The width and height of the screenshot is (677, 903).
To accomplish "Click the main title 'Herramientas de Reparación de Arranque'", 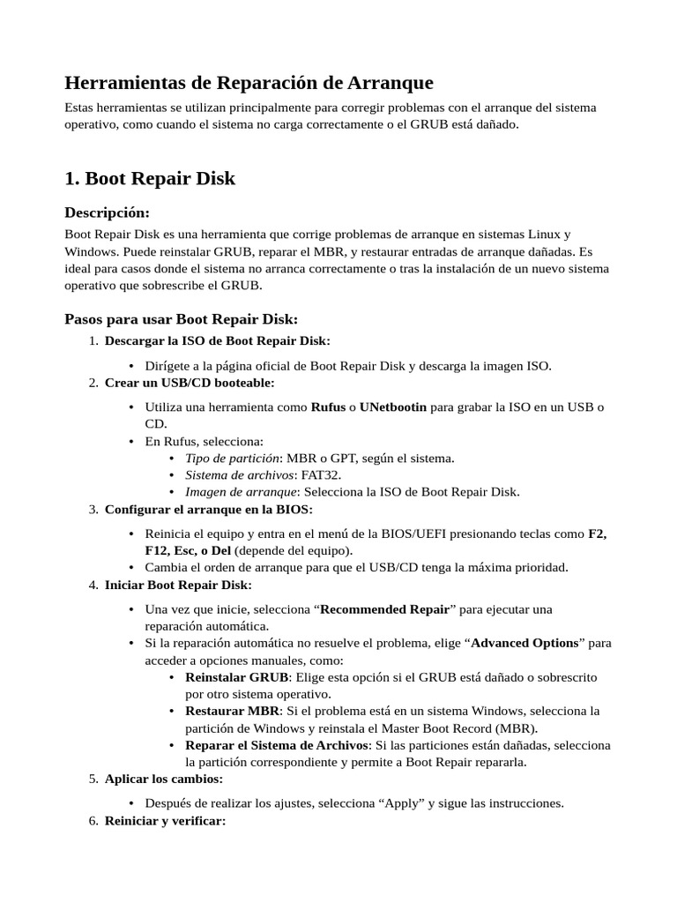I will point(249,83).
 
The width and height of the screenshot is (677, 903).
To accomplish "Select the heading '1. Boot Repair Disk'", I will point(150,178).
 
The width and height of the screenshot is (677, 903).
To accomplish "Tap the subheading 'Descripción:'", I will point(108,213).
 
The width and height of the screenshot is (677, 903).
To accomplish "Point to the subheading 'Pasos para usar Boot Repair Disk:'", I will point(182,318).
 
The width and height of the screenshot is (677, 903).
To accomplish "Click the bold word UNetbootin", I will point(393,407).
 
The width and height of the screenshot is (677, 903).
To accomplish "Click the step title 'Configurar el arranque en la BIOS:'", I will point(208,509).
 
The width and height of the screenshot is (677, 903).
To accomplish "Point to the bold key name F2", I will point(596,534).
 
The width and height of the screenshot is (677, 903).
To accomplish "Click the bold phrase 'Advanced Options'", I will point(524,643).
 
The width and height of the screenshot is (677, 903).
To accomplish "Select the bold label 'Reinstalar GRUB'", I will point(236,677).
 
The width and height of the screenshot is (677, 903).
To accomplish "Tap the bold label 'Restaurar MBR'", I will point(233,711).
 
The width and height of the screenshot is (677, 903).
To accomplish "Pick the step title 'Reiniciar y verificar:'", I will point(165,821).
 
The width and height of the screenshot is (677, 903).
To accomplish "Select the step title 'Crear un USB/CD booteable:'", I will point(190,382).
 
